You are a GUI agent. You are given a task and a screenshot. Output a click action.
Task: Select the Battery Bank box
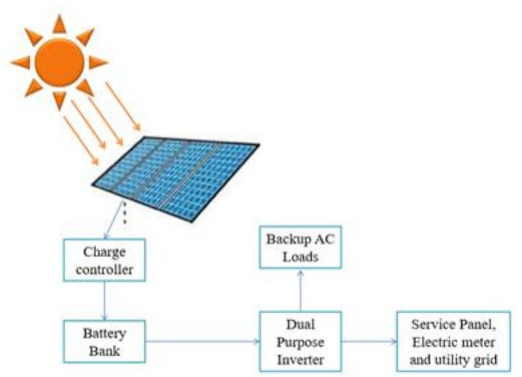pyautogui.click(x=104, y=341)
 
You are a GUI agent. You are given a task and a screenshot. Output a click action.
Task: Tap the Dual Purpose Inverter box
pyautogui.click(x=300, y=341)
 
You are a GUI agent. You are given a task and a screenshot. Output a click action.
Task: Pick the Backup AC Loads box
pyautogui.click(x=300, y=247)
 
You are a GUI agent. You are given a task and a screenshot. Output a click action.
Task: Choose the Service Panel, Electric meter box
pyautogui.click(x=456, y=341)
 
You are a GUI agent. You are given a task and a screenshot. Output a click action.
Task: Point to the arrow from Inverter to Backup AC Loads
pyautogui.click(x=300, y=289)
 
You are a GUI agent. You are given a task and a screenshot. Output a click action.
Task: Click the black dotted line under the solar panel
pyautogui.click(x=123, y=214)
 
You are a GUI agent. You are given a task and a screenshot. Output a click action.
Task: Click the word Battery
pyautogui.click(x=104, y=333)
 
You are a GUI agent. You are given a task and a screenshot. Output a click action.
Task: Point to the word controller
pyautogui.click(x=104, y=271)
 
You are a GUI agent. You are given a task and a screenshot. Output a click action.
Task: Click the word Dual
pyautogui.click(x=300, y=324)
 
